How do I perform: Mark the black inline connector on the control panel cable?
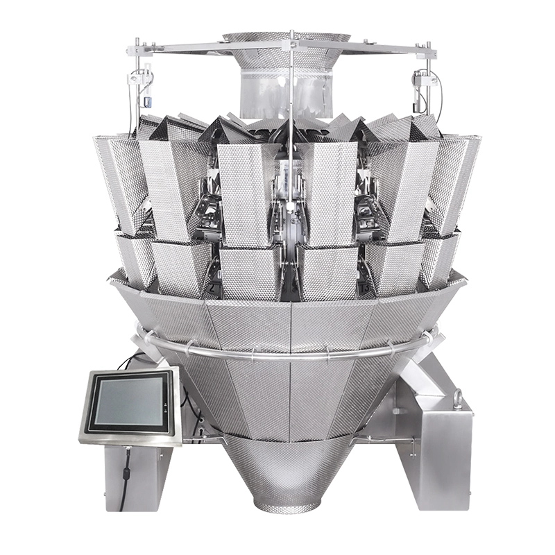tap(128, 474)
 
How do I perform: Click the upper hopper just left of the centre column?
tap(243, 194)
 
